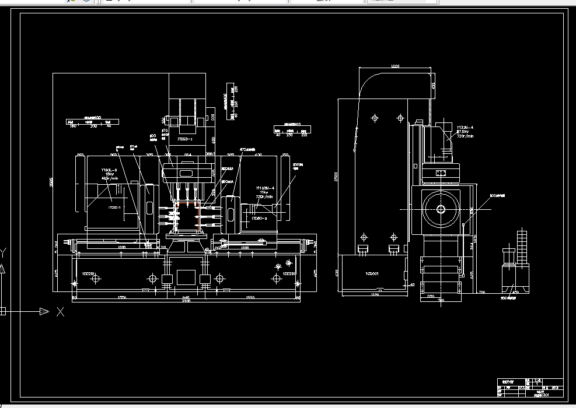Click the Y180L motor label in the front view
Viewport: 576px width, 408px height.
(x=109, y=170)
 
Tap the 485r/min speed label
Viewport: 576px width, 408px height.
(x=110, y=178)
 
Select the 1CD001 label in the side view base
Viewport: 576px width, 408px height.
(x=372, y=273)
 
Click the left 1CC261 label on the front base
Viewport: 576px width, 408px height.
(x=89, y=273)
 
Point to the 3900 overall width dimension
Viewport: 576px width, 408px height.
(x=185, y=302)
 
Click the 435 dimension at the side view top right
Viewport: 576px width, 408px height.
(x=433, y=85)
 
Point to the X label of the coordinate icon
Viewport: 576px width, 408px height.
(x=60, y=312)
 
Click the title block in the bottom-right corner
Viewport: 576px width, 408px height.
(x=529, y=388)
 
